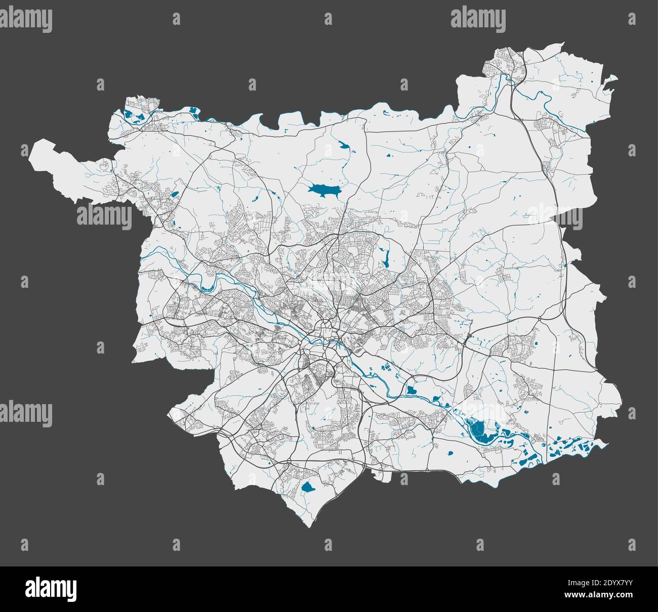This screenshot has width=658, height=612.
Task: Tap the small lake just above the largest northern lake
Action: [x=344, y=147]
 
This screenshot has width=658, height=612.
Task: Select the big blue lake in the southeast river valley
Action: [x=478, y=430]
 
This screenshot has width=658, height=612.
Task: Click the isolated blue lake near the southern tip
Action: [x=307, y=487]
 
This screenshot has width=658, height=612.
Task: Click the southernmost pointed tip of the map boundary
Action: [x=309, y=527]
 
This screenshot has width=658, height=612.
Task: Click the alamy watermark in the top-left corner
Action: [x=26, y=19]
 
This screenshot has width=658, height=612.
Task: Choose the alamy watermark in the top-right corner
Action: [x=478, y=19]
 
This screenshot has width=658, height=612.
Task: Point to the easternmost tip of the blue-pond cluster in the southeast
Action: [x=602, y=444]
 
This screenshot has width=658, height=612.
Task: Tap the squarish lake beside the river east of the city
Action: [x=412, y=390]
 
